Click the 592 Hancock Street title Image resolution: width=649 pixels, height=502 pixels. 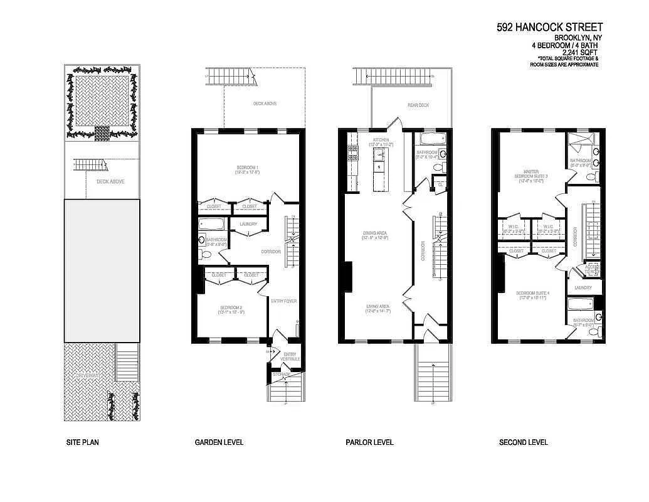click(x=549, y=27)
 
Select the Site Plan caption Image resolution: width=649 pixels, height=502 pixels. click(x=82, y=442)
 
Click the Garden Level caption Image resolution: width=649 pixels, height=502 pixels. click(x=219, y=442)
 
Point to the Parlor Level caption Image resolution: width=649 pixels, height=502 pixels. click(x=369, y=442)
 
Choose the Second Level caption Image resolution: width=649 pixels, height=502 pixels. click(x=523, y=442)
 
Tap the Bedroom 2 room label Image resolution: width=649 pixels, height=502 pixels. click(x=231, y=307)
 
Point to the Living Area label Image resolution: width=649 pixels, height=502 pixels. click(x=378, y=307)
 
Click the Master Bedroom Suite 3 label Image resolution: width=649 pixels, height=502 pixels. click(x=530, y=174)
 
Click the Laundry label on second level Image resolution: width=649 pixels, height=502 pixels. click(x=583, y=288)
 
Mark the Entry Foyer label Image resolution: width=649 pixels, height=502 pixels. click(x=283, y=301)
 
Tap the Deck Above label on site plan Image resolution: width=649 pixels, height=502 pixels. click(x=110, y=181)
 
